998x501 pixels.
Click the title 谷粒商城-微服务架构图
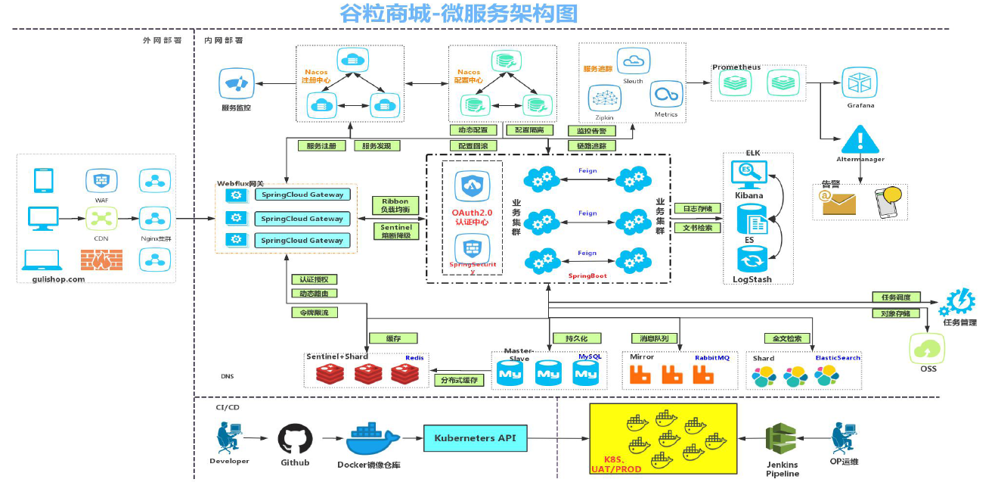[459, 13]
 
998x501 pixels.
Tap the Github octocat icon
[295, 439]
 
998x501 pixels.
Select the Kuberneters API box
[476, 438]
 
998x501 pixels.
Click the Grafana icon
[860, 82]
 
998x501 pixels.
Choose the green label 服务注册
[321, 145]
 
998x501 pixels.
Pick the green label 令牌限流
[314, 312]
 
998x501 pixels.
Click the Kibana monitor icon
[748, 173]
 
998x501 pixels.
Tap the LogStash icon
[752, 260]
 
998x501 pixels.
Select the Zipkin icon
[604, 98]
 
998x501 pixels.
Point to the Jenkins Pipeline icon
[781, 439]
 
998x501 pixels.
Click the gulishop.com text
[59, 279]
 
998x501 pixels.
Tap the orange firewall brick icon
[101, 260]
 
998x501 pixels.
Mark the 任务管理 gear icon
[956, 302]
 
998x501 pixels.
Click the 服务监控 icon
[236, 83]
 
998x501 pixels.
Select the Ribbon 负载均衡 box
[395, 206]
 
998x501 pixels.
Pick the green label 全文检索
[787, 338]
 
